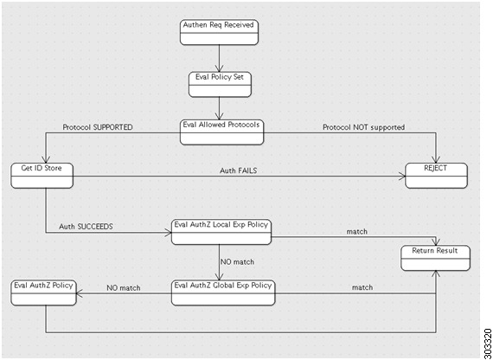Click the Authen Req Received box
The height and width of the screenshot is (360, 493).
coord(219,32)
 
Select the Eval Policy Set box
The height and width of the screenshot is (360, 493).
coord(220,84)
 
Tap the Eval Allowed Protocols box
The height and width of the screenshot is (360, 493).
coord(221,132)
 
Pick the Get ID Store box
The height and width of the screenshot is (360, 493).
coord(42,176)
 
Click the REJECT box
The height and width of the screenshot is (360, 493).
coord(436,176)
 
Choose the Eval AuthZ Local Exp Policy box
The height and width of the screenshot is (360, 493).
coord(221,232)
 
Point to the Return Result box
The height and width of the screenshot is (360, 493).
coord(435,258)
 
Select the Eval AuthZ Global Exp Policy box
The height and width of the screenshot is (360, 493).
coord(223,292)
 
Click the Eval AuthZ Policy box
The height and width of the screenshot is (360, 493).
coord(44,292)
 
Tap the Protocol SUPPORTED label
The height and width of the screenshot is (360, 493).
coord(98,127)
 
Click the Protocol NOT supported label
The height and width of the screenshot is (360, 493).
coord(364,127)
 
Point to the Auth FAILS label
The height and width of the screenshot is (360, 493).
coord(239,170)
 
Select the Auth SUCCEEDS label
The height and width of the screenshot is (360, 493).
coord(86,227)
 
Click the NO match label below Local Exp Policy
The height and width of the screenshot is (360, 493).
coord(237,261)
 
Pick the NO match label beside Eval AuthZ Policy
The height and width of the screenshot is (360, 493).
coord(124,287)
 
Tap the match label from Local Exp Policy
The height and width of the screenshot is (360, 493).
coord(357,232)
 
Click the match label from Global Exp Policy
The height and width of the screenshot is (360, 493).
coord(362,287)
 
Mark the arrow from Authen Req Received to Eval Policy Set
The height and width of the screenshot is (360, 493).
coord(219,58)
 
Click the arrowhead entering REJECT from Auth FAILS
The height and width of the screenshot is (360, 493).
coord(402,176)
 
